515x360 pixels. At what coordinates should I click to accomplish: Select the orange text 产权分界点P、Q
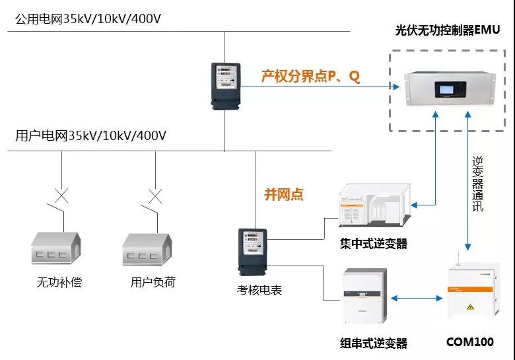coord(311,77)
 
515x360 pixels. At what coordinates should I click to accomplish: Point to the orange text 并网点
coord(284,194)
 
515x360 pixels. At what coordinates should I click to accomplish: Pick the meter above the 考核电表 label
coord(253,250)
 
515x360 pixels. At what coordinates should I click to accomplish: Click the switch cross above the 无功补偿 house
coord(61,196)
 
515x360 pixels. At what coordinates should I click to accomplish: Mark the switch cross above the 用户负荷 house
coord(155,196)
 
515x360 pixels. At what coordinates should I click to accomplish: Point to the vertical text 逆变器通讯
coord(477,184)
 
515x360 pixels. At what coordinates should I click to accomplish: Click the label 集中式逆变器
coord(373,244)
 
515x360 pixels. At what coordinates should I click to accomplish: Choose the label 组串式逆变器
coord(373,343)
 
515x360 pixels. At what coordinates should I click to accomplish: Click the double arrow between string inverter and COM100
coord(417,298)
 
